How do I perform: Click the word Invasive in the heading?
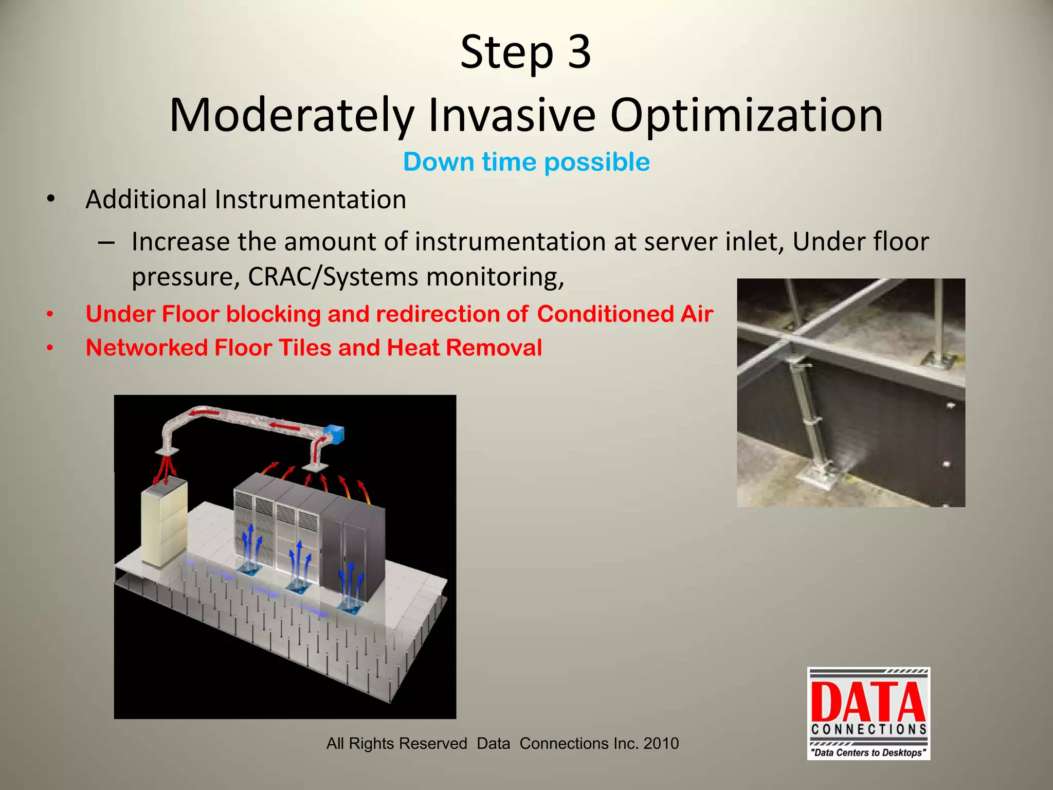point(512,115)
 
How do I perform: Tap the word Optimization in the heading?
point(746,115)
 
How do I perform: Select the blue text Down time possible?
point(526,162)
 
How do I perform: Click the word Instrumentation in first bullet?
point(310,200)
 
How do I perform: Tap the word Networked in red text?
point(147,348)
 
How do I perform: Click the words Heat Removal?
point(464,348)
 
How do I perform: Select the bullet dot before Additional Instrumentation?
point(50,199)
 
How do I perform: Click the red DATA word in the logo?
point(868,702)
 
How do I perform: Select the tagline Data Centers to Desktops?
point(868,752)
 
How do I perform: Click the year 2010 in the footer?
point(661,743)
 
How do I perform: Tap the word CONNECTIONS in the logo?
point(868,729)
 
